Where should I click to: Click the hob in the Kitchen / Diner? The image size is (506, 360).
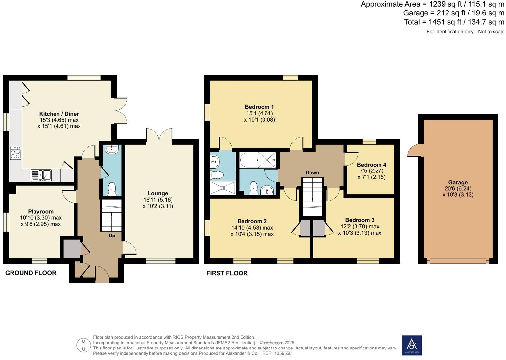click(15, 153)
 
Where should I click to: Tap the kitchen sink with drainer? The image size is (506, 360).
click(41, 175)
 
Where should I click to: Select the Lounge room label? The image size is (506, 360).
click(158, 193)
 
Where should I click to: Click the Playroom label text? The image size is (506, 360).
click(41, 212)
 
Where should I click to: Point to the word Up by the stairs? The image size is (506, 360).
click(112, 236)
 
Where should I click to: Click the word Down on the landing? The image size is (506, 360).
click(312, 173)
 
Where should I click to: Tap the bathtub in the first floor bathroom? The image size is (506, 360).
click(258, 160)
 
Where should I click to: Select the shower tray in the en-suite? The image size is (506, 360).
click(223, 188)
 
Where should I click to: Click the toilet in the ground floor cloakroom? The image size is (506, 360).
click(112, 189)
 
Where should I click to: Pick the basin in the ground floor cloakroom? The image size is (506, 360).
click(112, 149)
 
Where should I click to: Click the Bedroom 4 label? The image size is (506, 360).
click(372, 165)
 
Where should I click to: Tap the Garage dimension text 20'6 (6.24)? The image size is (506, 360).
click(458, 189)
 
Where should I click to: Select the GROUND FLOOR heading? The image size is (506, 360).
click(31, 273)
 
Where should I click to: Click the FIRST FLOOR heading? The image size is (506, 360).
click(227, 273)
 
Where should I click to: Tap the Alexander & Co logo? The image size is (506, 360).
click(411, 345)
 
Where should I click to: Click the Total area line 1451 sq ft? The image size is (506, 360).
click(454, 22)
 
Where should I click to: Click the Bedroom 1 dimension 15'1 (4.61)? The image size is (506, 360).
click(259, 113)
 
